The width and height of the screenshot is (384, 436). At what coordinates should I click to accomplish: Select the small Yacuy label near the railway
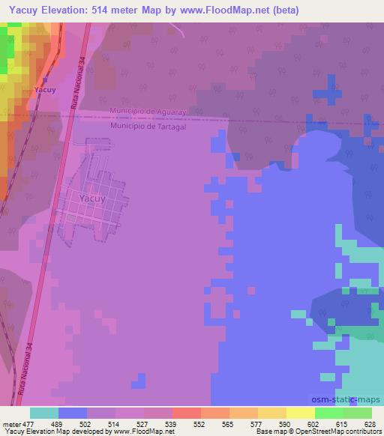45,90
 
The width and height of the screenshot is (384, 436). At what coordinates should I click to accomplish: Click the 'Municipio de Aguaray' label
146,112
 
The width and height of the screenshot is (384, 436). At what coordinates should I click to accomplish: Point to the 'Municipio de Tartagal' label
147,126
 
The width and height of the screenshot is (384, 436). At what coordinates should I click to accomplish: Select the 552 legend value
200,423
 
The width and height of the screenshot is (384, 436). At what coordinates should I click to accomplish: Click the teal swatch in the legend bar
44,413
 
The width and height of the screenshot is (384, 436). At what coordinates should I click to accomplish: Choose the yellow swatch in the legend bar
301,413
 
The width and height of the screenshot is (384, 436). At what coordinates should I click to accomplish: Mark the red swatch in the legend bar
187,413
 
